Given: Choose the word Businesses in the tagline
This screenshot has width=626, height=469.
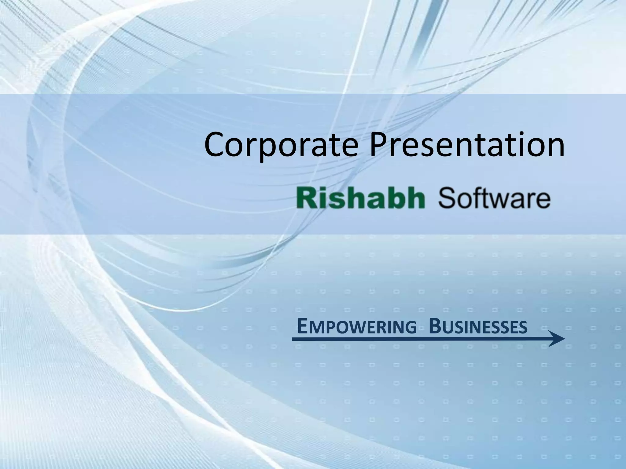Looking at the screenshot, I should click(478, 327).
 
